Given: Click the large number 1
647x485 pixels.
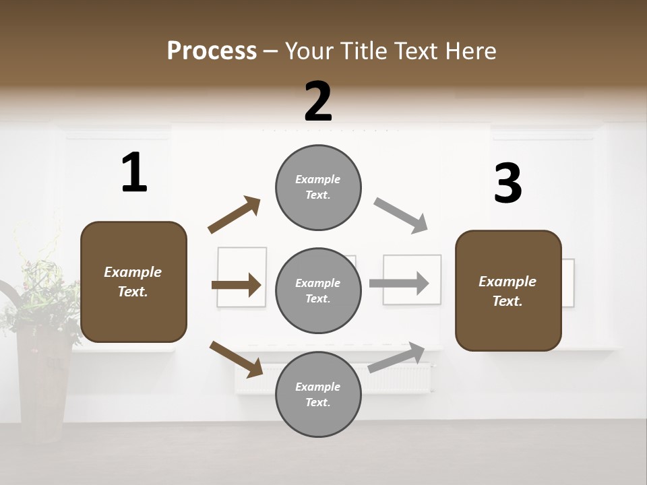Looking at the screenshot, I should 134,172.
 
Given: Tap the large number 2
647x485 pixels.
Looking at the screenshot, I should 318,102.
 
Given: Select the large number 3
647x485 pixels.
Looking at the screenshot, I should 507,183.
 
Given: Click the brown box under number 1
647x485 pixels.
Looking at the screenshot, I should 133,282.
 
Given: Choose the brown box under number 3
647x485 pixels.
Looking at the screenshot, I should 508,290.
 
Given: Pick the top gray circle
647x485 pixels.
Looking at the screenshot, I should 318,187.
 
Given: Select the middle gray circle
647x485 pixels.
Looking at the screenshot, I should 318,290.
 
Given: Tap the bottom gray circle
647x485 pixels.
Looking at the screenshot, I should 318,394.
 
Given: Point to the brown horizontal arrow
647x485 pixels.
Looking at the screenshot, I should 237,285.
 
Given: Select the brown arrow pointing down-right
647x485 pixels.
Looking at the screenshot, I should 237,358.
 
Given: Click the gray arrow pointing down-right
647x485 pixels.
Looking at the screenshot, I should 401,215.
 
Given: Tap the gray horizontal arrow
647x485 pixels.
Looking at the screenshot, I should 399,283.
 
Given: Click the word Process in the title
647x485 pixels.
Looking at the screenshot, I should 212,51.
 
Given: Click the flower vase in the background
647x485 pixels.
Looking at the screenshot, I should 42,384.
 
